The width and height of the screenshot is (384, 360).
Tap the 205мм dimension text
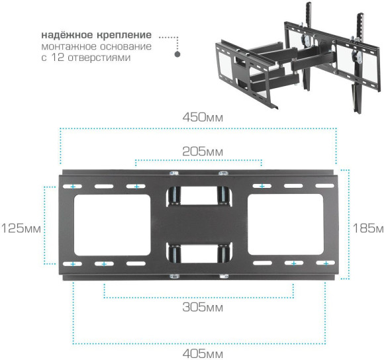203,152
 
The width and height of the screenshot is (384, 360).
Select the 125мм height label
21,228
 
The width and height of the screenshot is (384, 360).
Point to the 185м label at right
368,228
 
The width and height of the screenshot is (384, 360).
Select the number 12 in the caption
58,58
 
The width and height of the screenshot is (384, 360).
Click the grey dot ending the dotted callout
177,56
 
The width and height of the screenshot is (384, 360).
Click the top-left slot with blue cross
73,187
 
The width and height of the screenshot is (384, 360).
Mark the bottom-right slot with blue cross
325,263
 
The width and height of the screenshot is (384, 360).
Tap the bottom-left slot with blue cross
73,264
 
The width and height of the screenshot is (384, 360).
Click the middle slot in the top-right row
293,187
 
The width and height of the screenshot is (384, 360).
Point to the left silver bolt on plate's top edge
173,174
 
